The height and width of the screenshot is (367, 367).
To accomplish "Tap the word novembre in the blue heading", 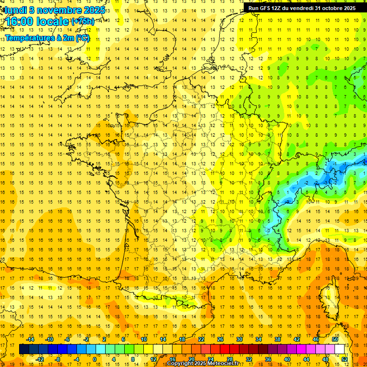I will [x=56, y=10].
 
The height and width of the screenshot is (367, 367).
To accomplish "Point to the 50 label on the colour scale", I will [x=335, y=339].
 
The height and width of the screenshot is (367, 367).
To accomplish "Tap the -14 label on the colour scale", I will [x=31, y=339].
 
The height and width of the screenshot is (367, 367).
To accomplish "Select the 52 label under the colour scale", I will [x=345, y=359].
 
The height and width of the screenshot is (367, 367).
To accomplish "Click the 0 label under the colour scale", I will [x=94, y=359].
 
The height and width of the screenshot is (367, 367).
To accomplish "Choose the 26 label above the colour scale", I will [x=220, y=339].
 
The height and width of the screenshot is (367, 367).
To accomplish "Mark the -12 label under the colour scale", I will [x=40, y=359].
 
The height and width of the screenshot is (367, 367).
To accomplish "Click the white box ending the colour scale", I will [x=340, y=349].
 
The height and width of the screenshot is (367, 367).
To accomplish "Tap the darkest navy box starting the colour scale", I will [x=24, y=349].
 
